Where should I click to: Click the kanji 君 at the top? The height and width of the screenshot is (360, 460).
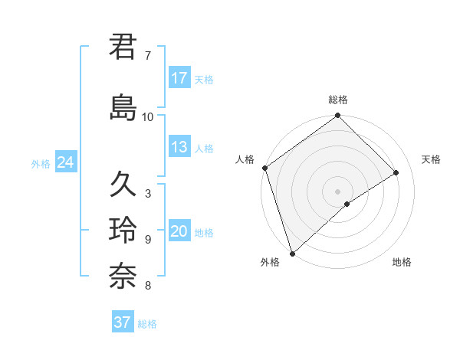coord(123,47)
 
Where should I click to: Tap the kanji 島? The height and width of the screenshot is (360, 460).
coord(123,108)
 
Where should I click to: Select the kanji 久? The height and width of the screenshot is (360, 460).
coord(123,185)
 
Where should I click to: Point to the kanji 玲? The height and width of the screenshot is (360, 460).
coord(123,231)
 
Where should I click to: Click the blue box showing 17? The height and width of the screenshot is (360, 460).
coord(179,78)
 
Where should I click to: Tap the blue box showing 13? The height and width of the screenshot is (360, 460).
coord(179,147)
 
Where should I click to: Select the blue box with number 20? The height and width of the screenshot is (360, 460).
coord(179,231)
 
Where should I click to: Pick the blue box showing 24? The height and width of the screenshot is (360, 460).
coord(65,162)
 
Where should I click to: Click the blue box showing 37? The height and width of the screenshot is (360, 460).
coord(123,322)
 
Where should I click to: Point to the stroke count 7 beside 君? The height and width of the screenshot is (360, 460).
coord(147,56)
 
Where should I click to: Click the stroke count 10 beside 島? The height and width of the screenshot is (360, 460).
coord(147,117)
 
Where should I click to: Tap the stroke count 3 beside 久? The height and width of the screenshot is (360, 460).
coord(147,194)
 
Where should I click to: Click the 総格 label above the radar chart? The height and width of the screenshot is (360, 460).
coord(338,100)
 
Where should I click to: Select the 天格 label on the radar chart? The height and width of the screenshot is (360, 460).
coord(432,159)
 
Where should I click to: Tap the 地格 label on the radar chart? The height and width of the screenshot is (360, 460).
coord(402,262)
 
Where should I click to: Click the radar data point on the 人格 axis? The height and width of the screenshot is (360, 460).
coord(264,168)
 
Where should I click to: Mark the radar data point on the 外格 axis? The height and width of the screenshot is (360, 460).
coord(291,253)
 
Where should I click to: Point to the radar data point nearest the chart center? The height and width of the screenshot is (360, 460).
coord(347,204)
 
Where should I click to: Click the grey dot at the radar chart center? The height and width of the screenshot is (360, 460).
coord(337,191)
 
